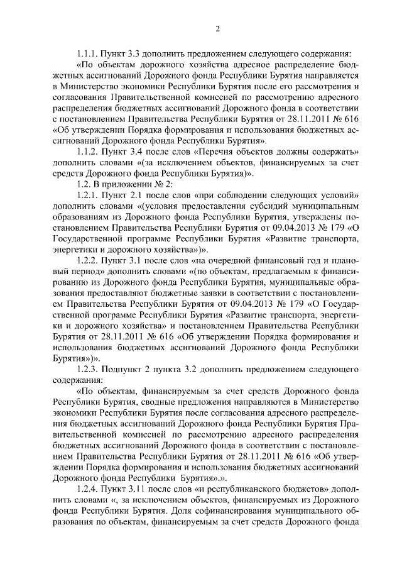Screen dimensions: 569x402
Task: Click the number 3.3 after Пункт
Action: click(144, 53)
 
